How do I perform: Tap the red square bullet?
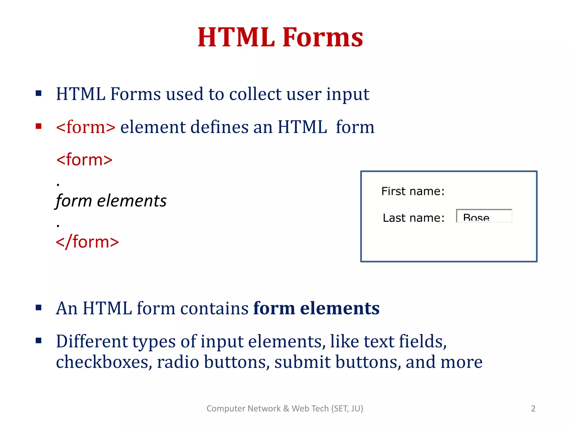tap(39, 127)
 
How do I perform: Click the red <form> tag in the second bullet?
tap(86, 127)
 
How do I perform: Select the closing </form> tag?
tap(87, 242)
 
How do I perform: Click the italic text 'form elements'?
tap(111, 201)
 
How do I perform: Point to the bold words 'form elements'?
tap(316, 308)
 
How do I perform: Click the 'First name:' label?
tap(413, 191)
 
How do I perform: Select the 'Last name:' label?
tap(414, 218)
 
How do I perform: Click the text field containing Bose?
tap(484, 216)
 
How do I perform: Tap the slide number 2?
tap(533, 408)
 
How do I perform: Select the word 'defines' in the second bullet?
tap(220, 127)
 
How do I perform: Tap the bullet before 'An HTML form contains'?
tap(39, 308)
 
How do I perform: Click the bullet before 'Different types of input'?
tap(39, 341)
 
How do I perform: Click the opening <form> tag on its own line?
tap(84, 160)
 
